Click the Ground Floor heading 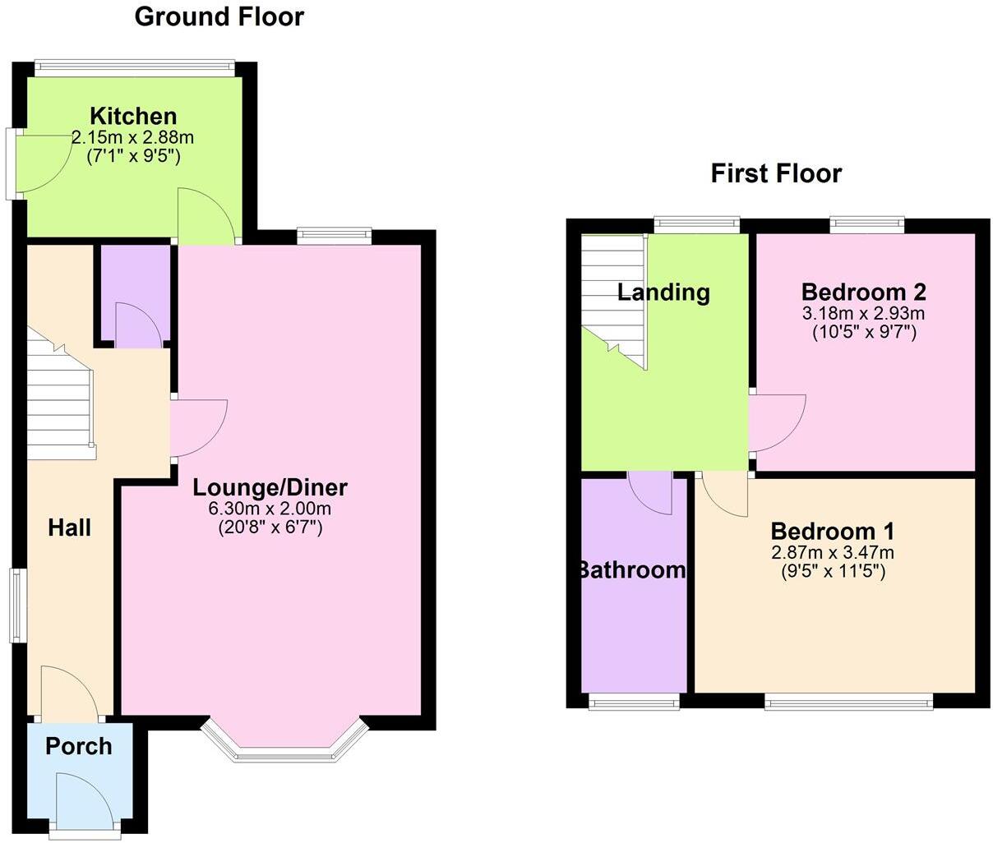(x=219, y=16)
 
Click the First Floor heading (x=776, y=173)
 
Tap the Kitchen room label (x=133, y=116)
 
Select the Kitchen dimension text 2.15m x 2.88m (x=133, y=137)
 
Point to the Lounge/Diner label (x=270, y=487)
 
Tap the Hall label (x=69, y=527)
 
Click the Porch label (x=79, y=746)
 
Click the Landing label (x=663, y=292)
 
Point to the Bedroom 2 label (x=863, y=292)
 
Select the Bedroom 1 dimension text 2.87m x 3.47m (x=832, y=553)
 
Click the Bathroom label (x=632, y=570)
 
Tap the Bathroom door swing (x=652, y=492)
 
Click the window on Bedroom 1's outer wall (x=848, y=702)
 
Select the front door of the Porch (x=84, y=801)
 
